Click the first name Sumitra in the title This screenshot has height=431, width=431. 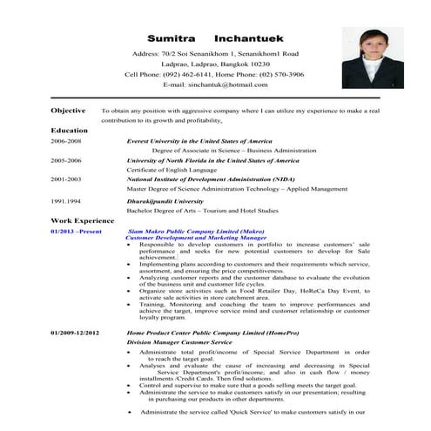(x=172, y=39)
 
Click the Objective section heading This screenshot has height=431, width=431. (x=69, y=111)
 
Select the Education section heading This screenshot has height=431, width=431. (x=70, y=130)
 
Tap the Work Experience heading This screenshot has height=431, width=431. (x=83, y=221)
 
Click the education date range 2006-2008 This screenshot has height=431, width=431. (x=65, y=140)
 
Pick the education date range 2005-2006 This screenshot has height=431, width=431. (x=65, y=161)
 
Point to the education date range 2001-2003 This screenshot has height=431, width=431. (x=65, y=179)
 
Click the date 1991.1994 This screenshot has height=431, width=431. (x=65, y=201)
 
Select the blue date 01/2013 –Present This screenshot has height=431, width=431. (x=77, y=231)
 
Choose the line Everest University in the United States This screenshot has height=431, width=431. (x=199, y=140)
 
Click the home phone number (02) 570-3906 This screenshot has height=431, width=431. (x=274, y=74)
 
